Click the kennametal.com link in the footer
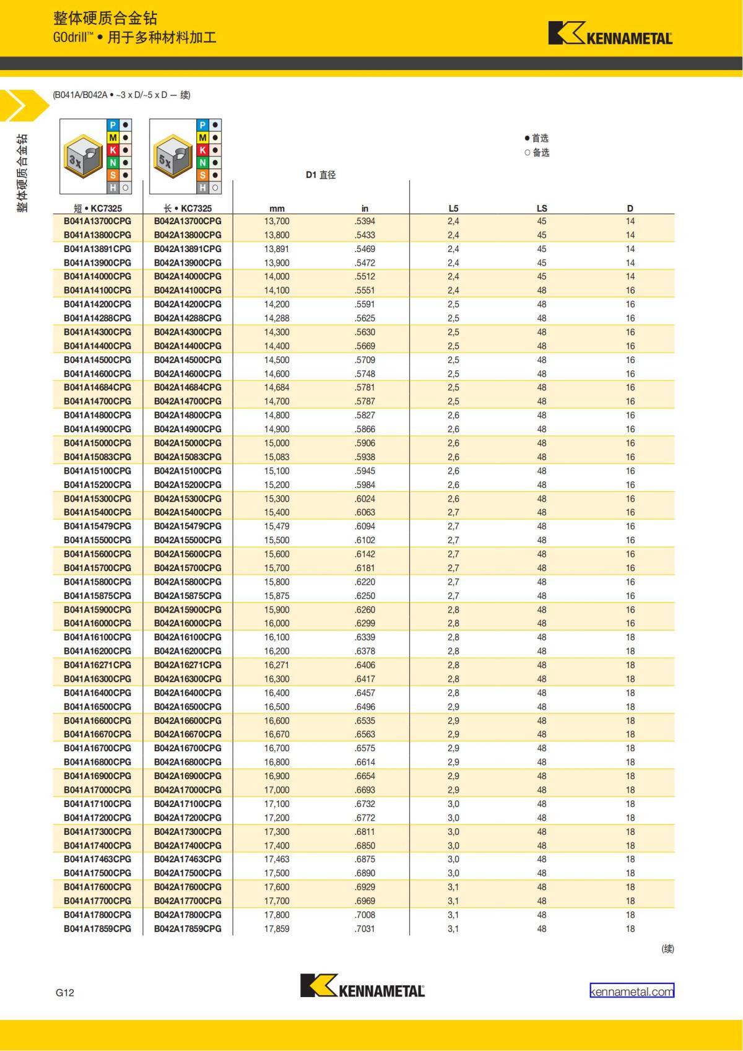[632, 992]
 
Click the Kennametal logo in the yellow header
[610, 34]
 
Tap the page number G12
[64, 992]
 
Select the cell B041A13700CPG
[98, 221]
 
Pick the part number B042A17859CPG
[188, 928]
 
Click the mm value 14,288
[277, 318]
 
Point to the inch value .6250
[365, 595]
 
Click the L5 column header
[453, 209]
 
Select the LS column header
[542, 209]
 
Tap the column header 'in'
[365, 209]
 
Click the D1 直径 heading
[321, 175]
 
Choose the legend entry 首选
[537, 138]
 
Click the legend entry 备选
[537, 152]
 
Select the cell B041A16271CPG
[98, 665]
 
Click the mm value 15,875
[277, 595]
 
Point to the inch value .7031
[365, 928]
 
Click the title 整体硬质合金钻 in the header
[105, 18]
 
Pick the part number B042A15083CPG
[188, 456]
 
